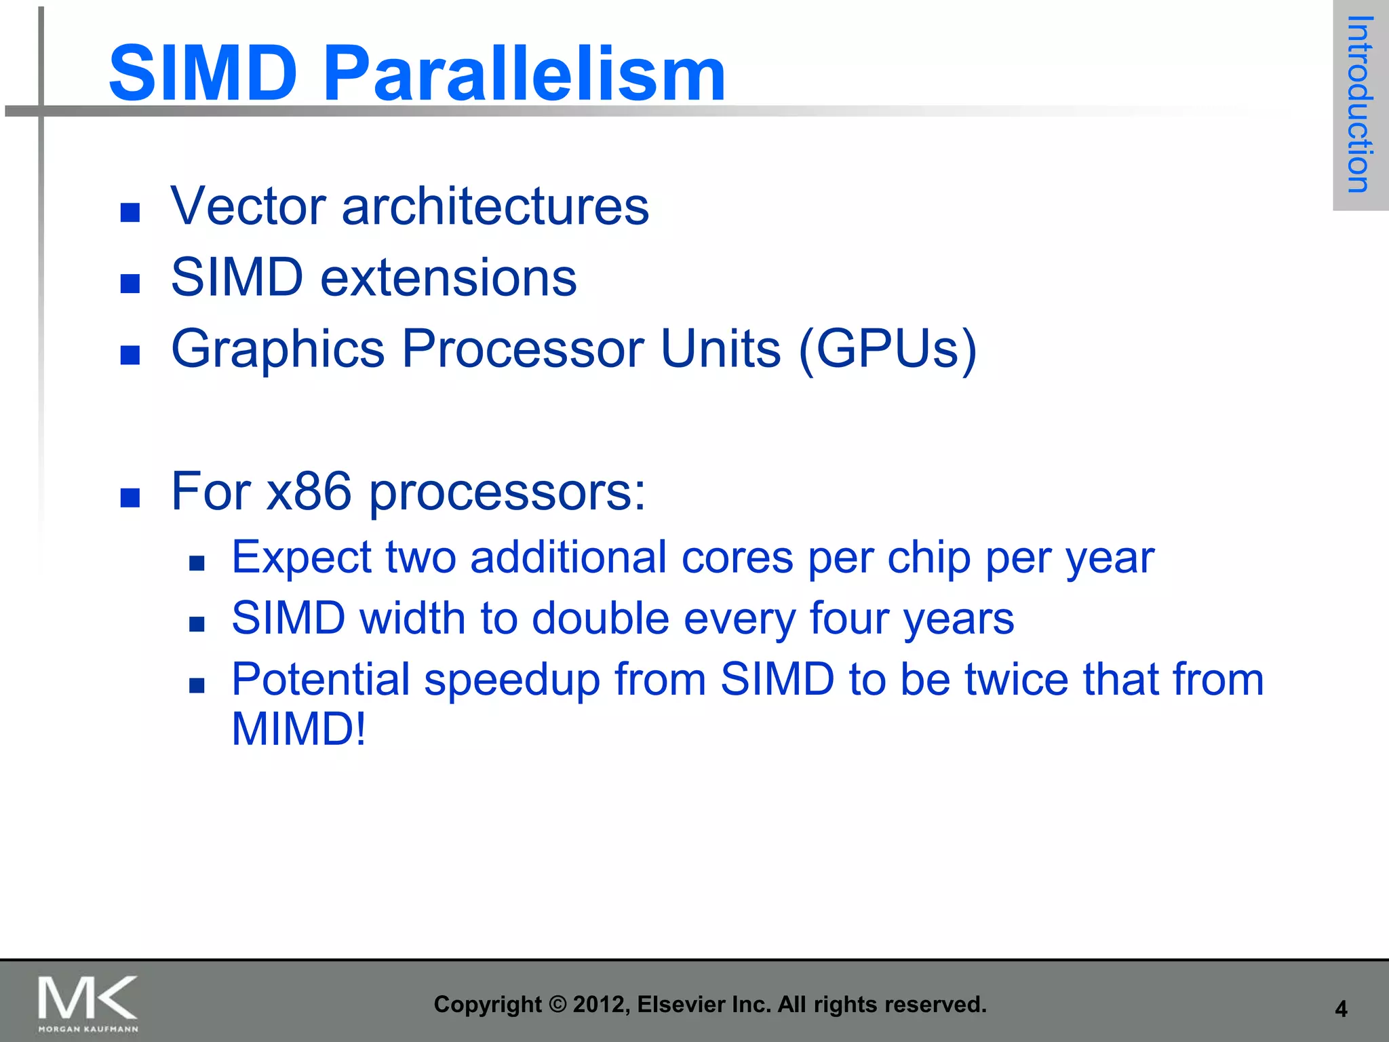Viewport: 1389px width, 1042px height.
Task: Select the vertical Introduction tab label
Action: pos(1359,104)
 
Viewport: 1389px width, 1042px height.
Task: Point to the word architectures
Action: pos(495,206)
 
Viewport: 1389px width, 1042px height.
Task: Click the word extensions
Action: pos(448,278)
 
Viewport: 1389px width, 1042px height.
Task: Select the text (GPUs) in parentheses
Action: pos(888,349)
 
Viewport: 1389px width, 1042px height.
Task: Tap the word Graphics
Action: pos(278,349)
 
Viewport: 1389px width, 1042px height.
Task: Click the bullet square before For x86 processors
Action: pos(130,498)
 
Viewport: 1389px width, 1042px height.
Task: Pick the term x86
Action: pos(309,491)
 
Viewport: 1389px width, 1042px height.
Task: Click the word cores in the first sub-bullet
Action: pos(737,558)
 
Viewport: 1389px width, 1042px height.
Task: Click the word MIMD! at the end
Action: pos(298,729)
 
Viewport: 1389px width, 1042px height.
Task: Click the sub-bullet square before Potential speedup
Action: pos(197,686)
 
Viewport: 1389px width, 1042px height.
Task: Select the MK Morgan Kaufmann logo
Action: pos(88,1003)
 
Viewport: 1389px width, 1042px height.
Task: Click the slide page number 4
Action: pos(1341,1009)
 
